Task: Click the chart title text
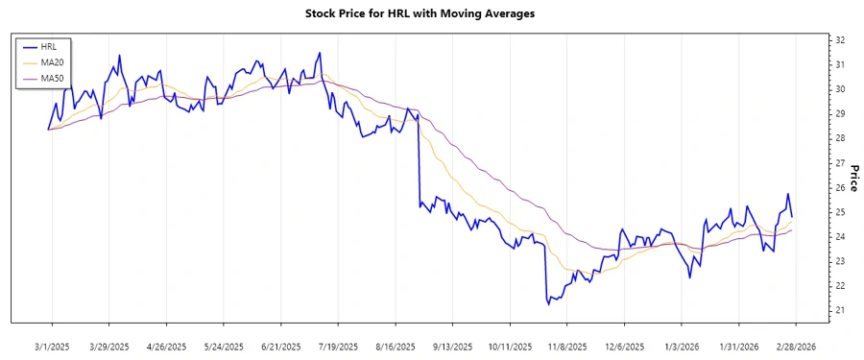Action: (x=433, y=13)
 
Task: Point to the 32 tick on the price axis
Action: (x=839, y=40)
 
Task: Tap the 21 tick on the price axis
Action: (x=839, y=310)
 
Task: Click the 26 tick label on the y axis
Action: (x=839, y=187)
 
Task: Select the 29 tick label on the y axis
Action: (x=839, y=114)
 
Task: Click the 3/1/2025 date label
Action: (x=53, y=346)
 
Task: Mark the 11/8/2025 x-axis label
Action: (x=566, y=346)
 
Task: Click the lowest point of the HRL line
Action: (x=548, y=304)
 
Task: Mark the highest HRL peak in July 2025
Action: (x=320, y=53)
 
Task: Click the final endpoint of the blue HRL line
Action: (x=792, y=216)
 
